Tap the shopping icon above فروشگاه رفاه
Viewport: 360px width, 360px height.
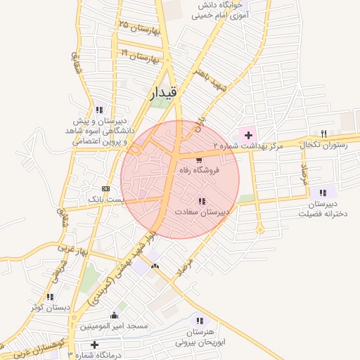pos(199,160)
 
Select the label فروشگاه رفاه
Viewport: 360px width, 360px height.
pos(200,171)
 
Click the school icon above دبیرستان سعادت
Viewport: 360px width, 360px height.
pos(202,201)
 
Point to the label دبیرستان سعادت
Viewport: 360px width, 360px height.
pos(204,212)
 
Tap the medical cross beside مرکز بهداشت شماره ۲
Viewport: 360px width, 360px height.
pos(247,134)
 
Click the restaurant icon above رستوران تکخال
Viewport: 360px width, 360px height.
pos(323,134)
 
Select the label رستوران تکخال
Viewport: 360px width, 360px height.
pos(322,144)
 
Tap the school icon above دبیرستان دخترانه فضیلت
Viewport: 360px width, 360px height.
pos(322,192)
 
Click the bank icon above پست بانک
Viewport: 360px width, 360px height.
pos(106,188)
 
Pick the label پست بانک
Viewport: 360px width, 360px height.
pos(105,200)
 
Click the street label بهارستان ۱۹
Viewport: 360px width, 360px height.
pos(141,56)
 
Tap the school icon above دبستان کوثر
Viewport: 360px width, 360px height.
pos(49,297)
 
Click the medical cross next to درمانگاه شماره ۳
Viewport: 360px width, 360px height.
pos(95,345)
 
